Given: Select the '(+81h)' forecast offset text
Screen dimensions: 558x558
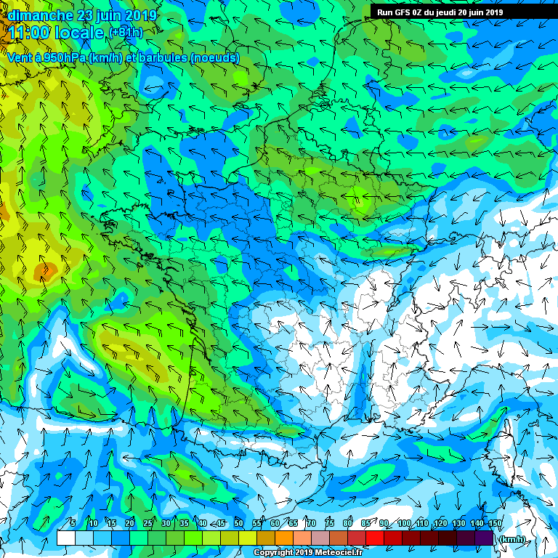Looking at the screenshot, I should (x=126, y=33).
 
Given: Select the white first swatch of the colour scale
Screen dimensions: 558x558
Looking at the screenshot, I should (x=65, y=538).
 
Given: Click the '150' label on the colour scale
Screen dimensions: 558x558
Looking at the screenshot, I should (x=494, y=523).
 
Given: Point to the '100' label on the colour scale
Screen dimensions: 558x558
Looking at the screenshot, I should (x=404, y=523).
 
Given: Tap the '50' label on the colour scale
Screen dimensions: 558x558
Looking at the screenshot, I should (x=238, y=523).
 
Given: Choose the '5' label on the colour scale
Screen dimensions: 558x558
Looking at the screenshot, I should (x=72, y=523).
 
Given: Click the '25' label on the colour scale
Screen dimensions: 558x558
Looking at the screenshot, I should (x=147, y=523).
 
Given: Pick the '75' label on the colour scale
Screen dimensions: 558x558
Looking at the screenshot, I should (x=328, y=523).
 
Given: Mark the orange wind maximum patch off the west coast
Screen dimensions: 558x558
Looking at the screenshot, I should (x=45, y=272).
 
